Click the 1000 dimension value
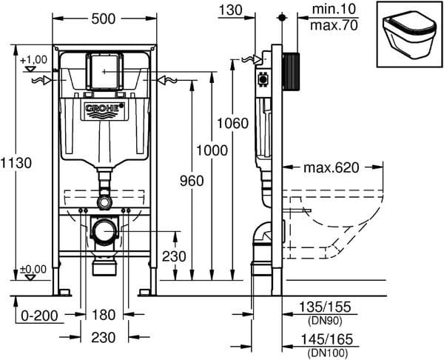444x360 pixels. pos(212,150)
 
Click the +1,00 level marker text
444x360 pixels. pos(33,59)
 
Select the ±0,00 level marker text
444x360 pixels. pos(33,269)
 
